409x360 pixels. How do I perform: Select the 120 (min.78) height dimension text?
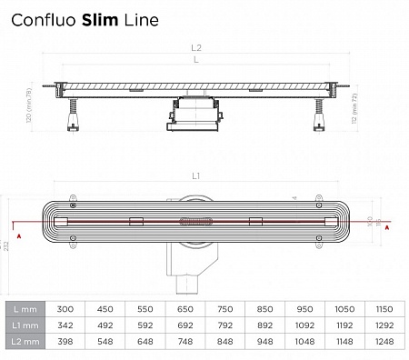pos(30,106)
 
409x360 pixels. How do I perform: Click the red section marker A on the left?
pos(15,229)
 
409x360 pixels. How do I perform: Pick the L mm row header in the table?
pos(25,308)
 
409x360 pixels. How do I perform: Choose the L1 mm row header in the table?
pos(25,325)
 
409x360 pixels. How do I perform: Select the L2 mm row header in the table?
pos(25,343)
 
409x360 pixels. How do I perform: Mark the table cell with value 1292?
pos(384,325)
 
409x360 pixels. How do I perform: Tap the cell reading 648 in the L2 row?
pos(147,343)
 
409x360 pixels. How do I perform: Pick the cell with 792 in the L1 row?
pos(226,325)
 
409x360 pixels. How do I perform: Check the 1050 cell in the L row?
pos(345,308)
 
